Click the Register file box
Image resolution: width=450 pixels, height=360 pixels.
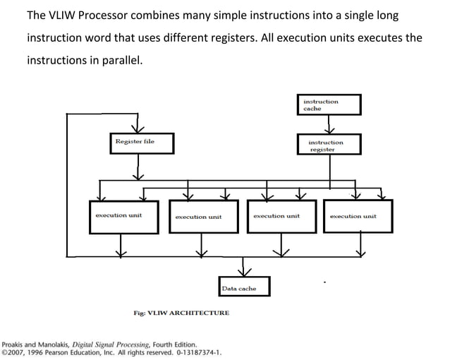138,143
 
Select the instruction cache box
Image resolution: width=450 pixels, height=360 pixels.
329,104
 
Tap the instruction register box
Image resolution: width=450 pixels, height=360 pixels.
329,145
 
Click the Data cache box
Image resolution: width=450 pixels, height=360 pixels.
243,287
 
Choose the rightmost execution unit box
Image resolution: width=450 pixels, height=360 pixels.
357,216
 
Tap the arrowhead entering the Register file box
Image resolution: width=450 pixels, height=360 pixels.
138,128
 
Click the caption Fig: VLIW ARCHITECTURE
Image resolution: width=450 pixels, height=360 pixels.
181,313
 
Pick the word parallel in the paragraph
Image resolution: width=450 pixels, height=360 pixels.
121,60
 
